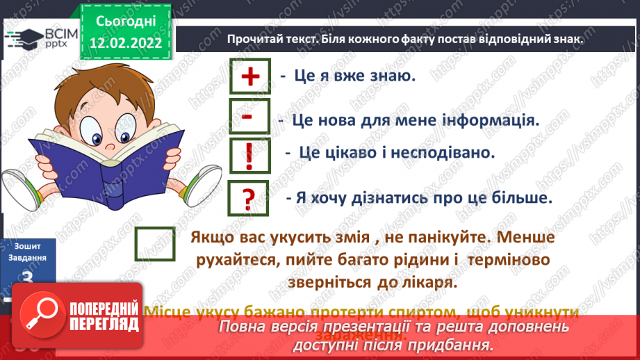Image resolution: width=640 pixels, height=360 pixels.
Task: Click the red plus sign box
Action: click(x=249, y=76)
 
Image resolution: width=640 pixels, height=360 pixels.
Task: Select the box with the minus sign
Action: click(x=247, y=117)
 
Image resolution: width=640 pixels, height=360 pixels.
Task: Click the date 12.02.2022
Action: click(x=125, y=42)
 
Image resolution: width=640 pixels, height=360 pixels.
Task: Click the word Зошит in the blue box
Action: click(x=28, y=246)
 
